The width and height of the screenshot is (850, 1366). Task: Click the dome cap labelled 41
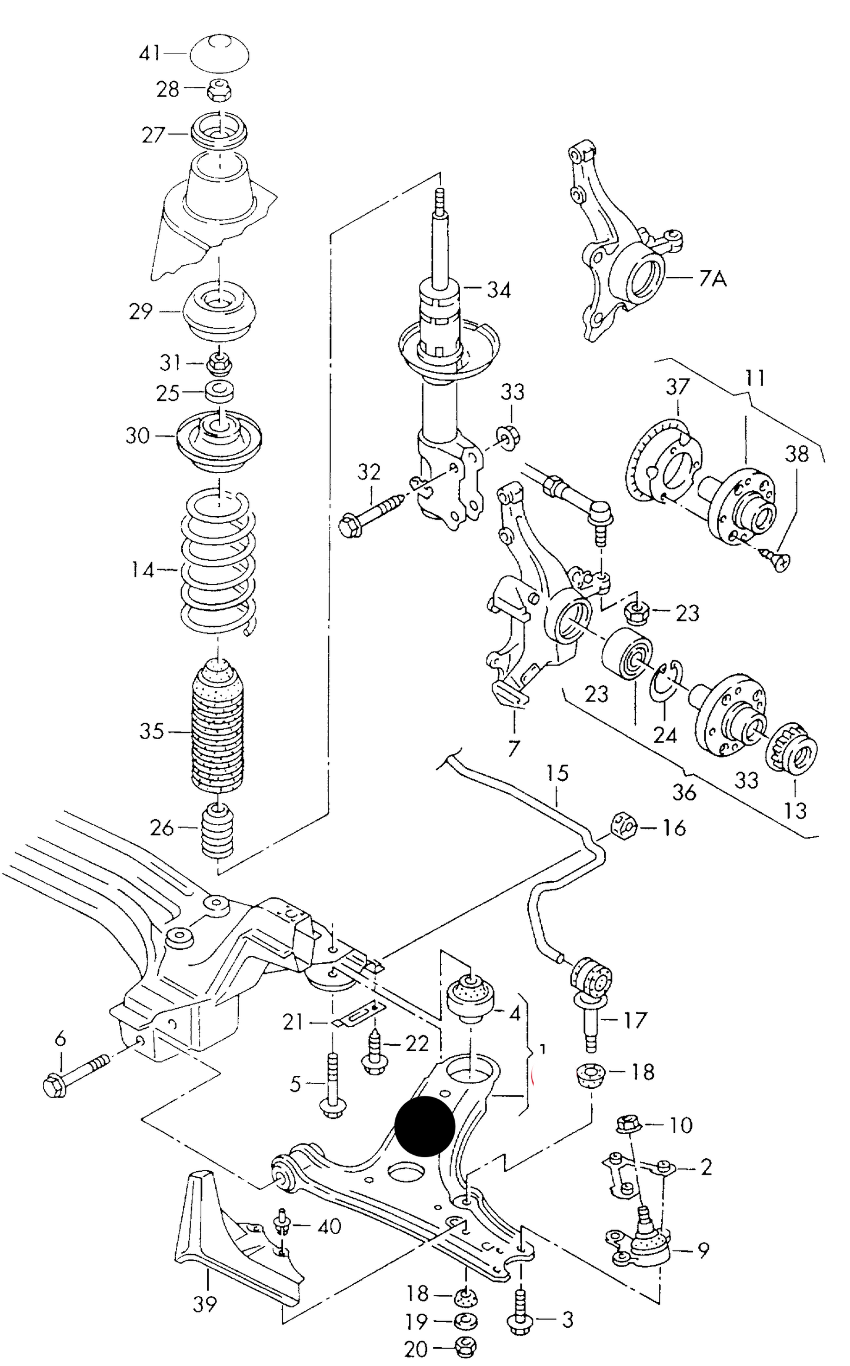pos(219,54)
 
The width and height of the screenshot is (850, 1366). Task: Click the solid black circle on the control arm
pos(425,1126)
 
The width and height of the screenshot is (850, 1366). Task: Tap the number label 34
pos(499,290)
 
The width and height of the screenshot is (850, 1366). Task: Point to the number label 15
pos(557,772)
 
